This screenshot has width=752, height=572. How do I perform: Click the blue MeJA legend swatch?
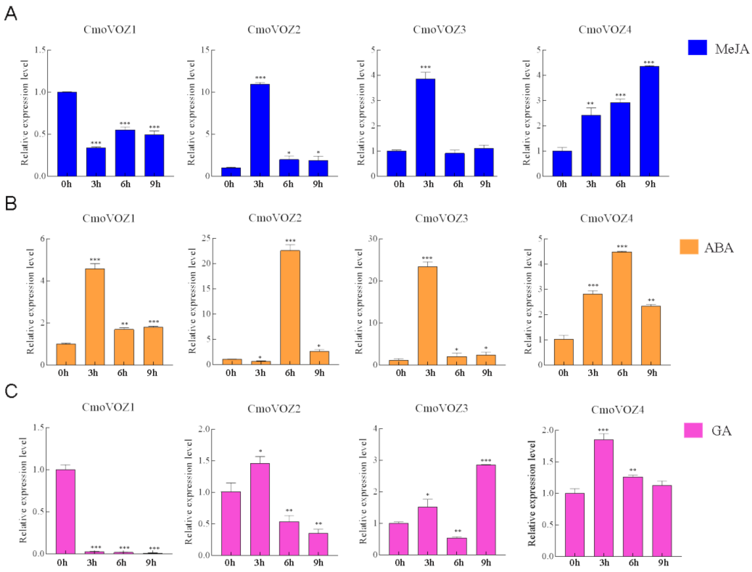click(697, 48)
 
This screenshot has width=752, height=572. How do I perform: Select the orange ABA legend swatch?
click(689, 247)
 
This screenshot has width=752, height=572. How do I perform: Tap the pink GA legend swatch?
click(693, 430)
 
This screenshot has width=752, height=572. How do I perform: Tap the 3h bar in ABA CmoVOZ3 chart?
click(427, 316)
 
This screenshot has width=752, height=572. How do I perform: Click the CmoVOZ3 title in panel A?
click(439, 30)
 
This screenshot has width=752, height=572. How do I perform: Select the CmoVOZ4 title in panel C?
click(617, 410)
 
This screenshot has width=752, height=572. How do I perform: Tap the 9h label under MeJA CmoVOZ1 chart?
click(154, 184)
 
